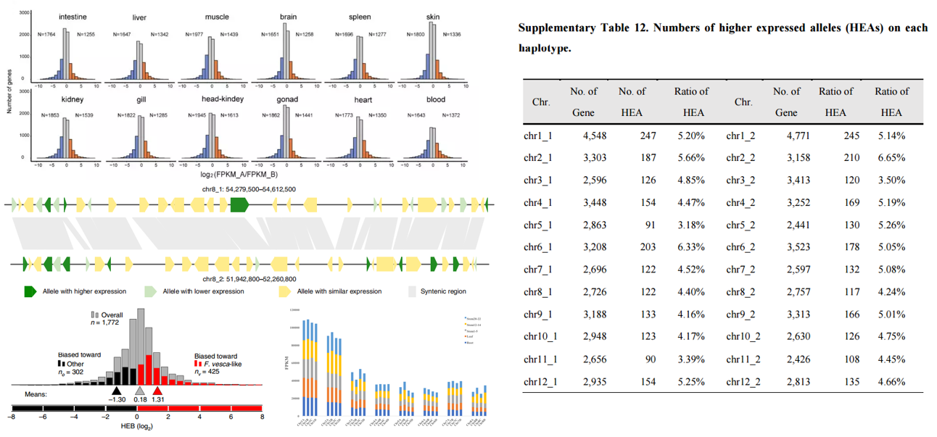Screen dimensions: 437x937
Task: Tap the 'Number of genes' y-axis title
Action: pyautogui.click(x=9, y=88)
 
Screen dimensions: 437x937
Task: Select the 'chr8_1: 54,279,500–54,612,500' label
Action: pyautogui.click(x=249, y=189)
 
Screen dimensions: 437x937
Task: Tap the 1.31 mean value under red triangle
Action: pyautogui.click(x=157, y=399)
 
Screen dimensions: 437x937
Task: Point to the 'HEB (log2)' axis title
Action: pyautogui.click(x=136, y=426)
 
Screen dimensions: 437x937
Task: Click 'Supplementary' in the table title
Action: pyautogui.click(x=558, y=28)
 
